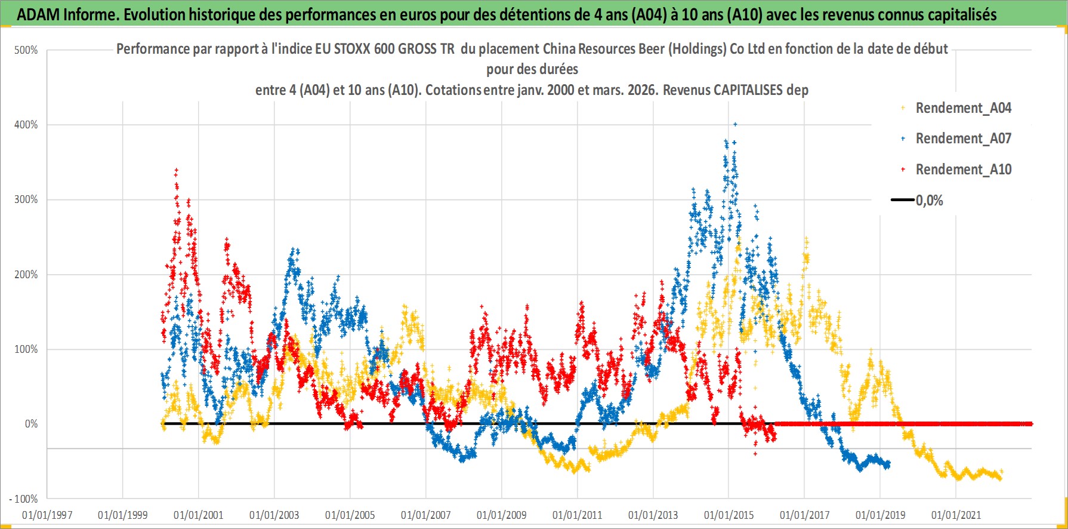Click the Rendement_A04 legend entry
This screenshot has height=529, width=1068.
coord(963,108)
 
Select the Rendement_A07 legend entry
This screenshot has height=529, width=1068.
coord(963,139)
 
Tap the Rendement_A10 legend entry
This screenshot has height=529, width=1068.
coord(963,170)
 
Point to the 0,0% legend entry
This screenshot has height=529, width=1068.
coord(929,201)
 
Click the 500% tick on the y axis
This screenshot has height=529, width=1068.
coord(26,50)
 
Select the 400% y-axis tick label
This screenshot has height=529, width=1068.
coord(26,125)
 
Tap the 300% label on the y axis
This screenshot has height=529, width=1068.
coord(26,199)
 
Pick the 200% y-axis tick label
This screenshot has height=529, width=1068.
coord(26,275)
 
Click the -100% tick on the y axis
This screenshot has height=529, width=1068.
coord(24,499)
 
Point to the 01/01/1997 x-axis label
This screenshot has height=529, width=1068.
coord(47,515)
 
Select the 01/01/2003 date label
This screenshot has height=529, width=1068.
coord(274,515)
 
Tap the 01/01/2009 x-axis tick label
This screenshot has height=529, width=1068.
coord(502,515)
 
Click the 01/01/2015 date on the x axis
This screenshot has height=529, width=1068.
coord(729,515)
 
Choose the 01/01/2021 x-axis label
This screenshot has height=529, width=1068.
coord(956,515)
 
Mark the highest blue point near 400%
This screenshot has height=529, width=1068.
coord(735,124)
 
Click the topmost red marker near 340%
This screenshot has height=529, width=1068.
coord(176,170)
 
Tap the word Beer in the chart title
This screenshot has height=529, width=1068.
coord(652,49)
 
